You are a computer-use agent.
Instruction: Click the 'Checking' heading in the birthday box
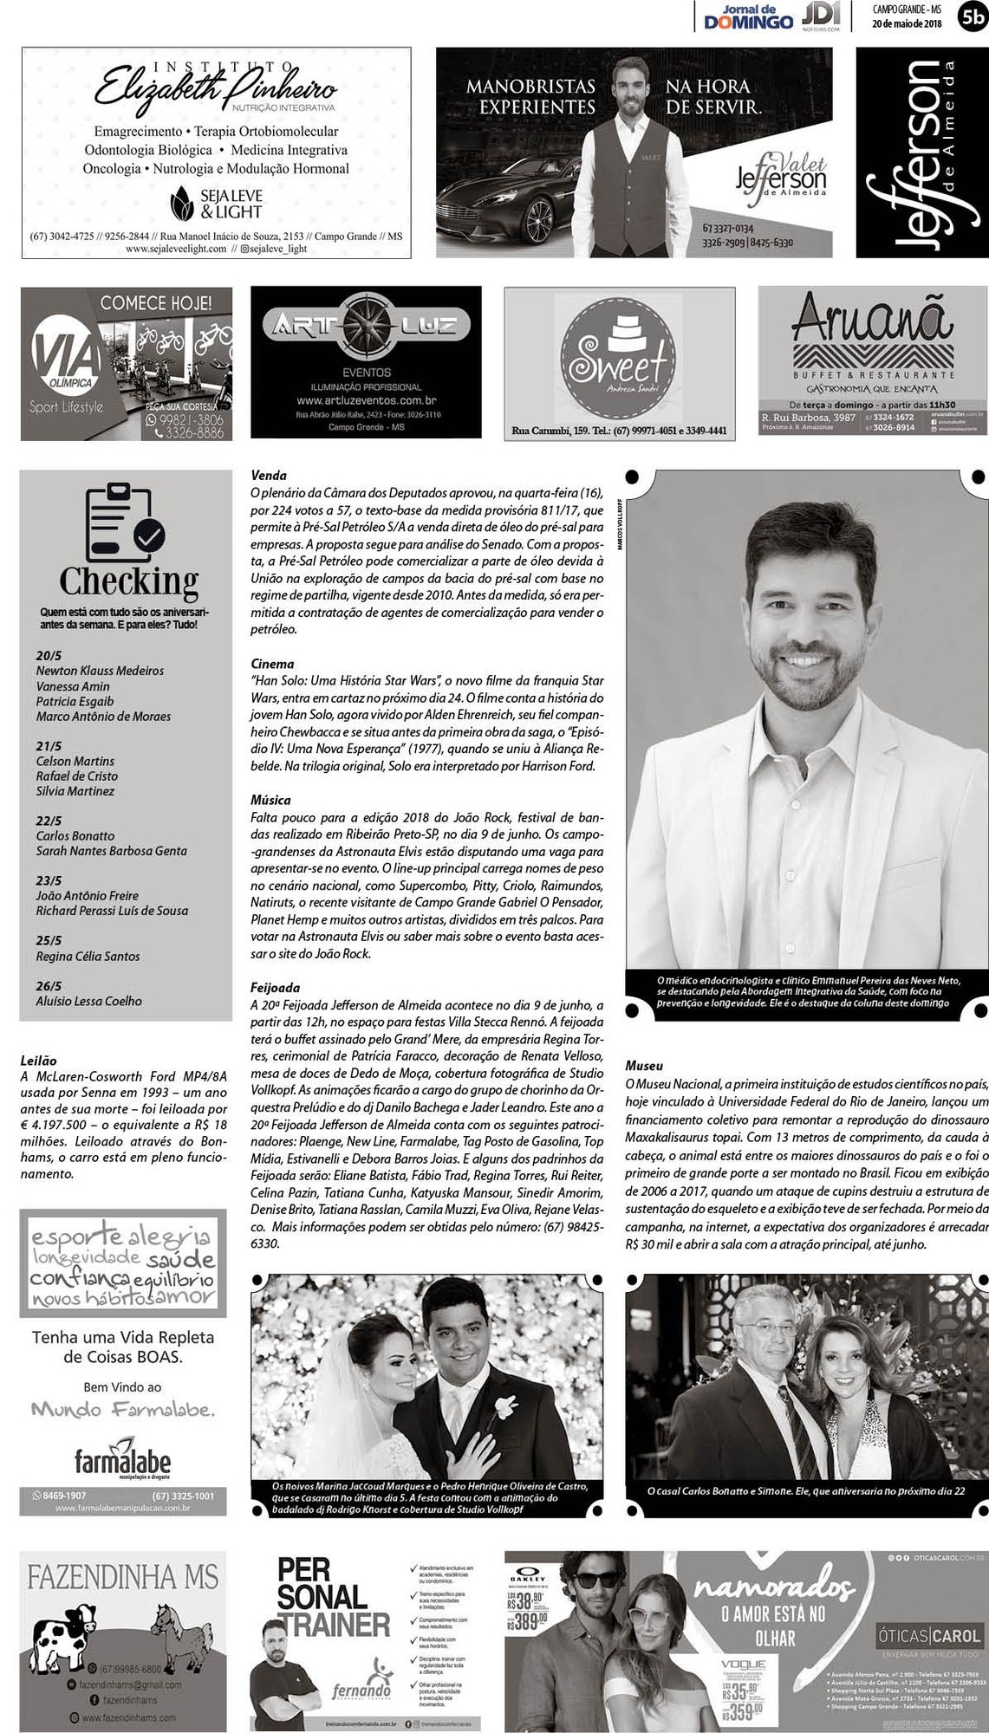[128, 580]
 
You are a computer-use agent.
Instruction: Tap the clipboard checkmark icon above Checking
[127, 522]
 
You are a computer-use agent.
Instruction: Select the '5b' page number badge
[972, 16]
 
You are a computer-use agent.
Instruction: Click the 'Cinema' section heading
[272, 664]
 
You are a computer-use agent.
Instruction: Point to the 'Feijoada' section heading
[275, 988]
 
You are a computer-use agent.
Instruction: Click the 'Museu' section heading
[644, 1066]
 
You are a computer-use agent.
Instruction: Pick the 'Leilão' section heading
[38, 1061]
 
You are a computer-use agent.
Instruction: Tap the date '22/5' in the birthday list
[49, 821]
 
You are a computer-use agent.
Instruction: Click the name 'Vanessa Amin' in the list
[73, 686]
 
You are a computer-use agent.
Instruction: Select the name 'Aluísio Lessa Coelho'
[88, 1001]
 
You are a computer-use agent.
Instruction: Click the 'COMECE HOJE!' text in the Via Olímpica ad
[155, 303]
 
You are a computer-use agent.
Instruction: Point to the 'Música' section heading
[270, 800]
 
